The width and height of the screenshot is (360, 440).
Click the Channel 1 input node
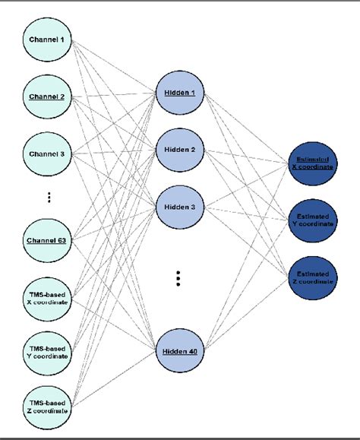coord(47,39)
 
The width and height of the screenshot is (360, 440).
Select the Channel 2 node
coord(47,97)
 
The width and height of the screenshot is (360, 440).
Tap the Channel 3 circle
coord(47,154)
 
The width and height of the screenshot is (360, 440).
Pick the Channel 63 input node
coord(47,240)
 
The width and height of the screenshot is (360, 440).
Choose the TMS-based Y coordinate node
coord(47,352)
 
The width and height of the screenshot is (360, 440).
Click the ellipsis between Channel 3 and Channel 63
coord(47,197)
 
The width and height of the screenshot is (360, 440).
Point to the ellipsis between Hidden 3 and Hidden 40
coord(177,278)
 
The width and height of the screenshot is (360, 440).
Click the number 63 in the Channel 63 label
coord(61,240)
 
